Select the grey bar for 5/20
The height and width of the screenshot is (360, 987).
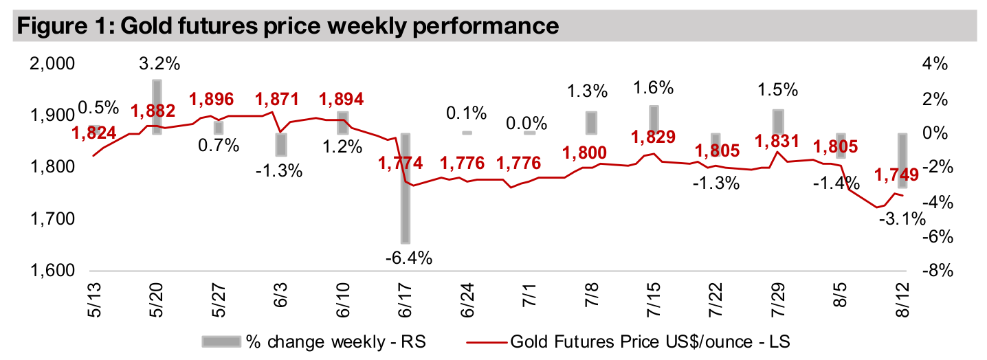pyautogui.click(x=157, y=106)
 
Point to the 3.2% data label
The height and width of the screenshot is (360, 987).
pyautogui.click(x=159, y=65)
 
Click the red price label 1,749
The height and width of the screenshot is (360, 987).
pyautogui.click(x=896, y=176)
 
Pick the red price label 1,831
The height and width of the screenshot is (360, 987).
pyautogui.click(x=777, y=142)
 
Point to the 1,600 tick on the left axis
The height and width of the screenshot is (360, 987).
pyautogui.click(x=51, y=271)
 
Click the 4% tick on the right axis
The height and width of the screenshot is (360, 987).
pyautogui.click(x=935, y=64)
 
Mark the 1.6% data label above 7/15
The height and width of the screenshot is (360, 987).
pyautogui.click(x=653, y=87)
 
